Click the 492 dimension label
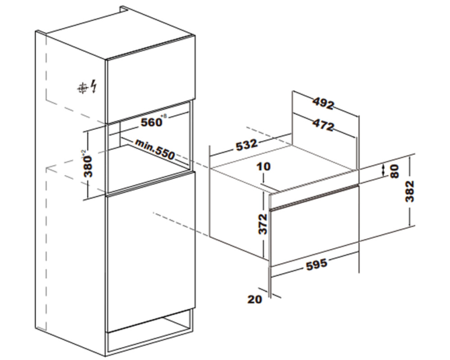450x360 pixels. pos(323,103)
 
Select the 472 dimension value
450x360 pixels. pos(323,125)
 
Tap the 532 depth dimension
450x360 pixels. pos(246,144)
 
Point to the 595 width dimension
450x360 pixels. pos(317,264)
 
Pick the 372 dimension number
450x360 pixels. pos(263,224)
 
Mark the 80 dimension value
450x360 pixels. pos(395,171)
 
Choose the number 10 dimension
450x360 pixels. pos(264,166)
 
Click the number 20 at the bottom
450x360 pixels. pos(255,299)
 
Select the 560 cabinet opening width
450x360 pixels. pos(151,122)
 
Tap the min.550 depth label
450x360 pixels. pos(155,149)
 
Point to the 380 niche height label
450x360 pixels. pos(89,166)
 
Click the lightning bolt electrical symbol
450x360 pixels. pos(94,86)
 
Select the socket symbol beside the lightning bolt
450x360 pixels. pos(82,89)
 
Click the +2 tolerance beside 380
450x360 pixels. pos(84,153)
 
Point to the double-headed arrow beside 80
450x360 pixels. pos(383,170)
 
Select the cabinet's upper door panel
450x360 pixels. pos(150,79)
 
